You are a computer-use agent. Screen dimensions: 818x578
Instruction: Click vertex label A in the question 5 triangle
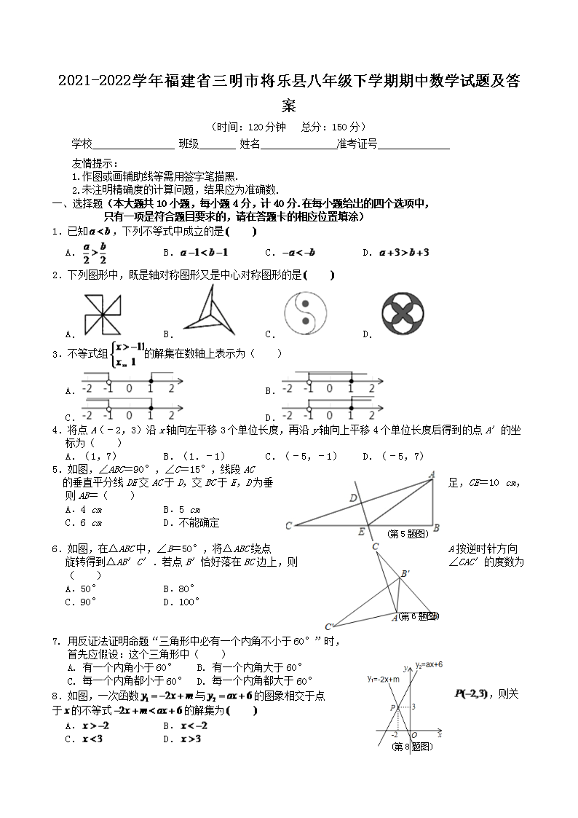click(432, 475)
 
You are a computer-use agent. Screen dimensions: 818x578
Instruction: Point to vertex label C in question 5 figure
click(289, 526)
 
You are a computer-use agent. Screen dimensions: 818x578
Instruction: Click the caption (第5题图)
click(406, 534)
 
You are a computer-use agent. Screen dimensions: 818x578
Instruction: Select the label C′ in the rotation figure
click(330, 626)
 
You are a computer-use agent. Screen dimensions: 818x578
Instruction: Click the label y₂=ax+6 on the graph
click(429, 665)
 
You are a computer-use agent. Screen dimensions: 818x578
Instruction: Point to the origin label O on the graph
click(414, 735)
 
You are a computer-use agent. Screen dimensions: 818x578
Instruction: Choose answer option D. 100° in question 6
click(181, 602)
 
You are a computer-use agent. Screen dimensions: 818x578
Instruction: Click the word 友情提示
click(94, 164)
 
